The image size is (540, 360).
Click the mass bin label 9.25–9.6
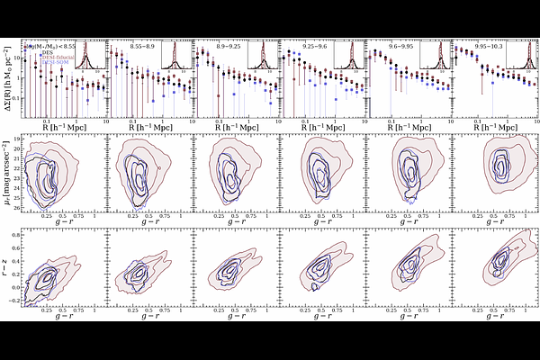(x=305, y=42)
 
